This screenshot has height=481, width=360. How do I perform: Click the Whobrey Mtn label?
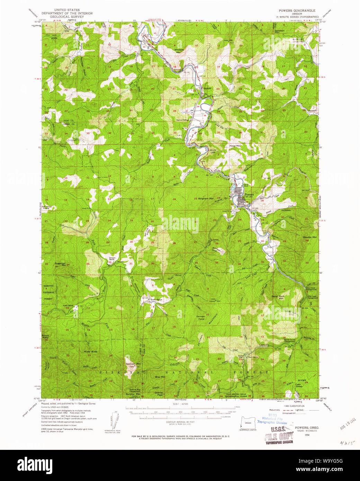(x=179, y=51)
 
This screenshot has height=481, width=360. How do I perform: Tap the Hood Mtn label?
(x=235, y=146)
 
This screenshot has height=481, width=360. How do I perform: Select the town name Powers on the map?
(x=249, y=194)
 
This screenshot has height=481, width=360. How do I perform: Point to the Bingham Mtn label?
(x=205, y=199)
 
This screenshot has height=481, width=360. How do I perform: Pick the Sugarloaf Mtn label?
(x=60, y=264)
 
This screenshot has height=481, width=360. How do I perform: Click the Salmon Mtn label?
(x=133, y=364)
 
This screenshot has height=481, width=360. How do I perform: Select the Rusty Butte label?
(x=90, y=352)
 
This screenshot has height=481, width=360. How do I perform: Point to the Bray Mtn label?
(x=160, y=377)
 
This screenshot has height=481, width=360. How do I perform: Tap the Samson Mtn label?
(x=279, y=31)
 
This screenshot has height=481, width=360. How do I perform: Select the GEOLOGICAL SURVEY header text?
(x=67, y=17)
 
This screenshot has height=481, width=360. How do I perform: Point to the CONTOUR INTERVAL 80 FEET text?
(x=180, y=422)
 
